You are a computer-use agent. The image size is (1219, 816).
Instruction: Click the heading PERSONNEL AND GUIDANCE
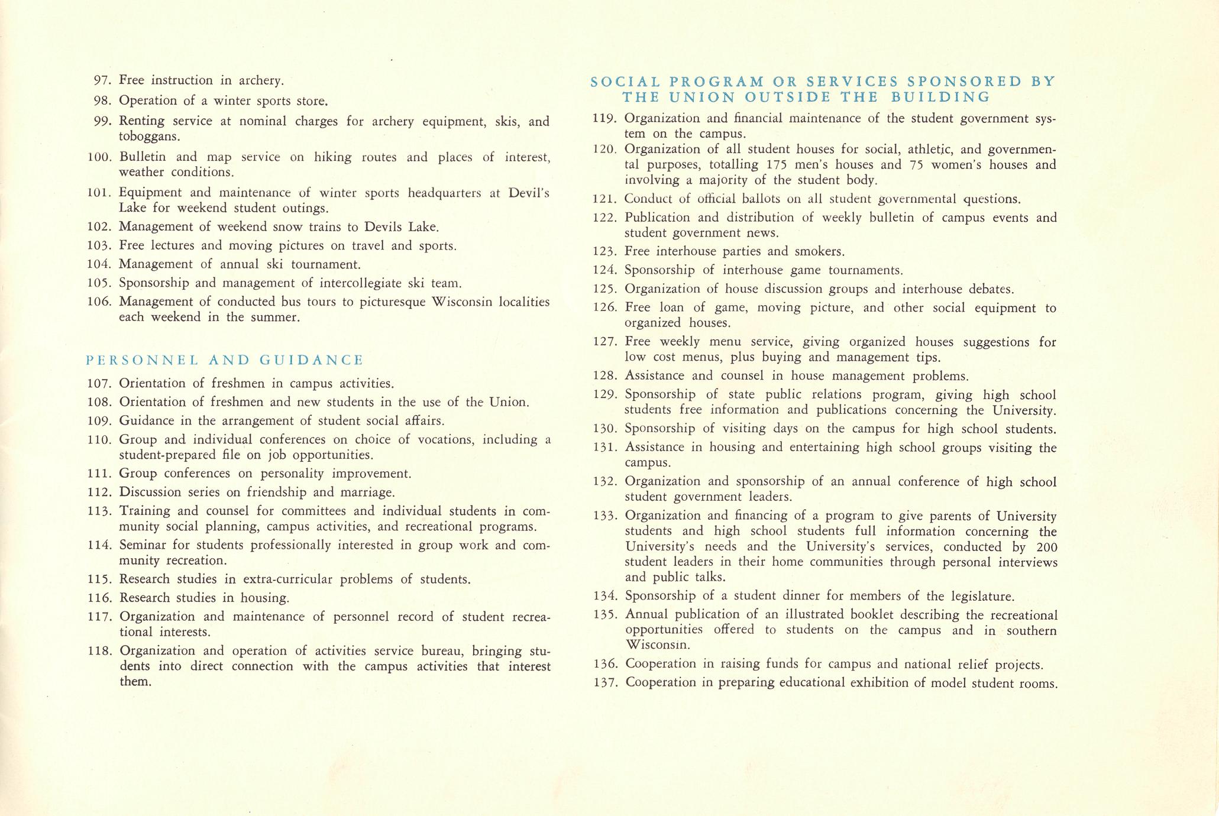point(225,360)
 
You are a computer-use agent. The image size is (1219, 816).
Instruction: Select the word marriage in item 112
point(368,492)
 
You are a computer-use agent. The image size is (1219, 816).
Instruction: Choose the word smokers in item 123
point(819,251)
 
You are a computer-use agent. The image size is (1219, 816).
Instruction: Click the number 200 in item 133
point(1046,546)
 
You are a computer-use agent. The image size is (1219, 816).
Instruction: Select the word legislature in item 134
point(980,595)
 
